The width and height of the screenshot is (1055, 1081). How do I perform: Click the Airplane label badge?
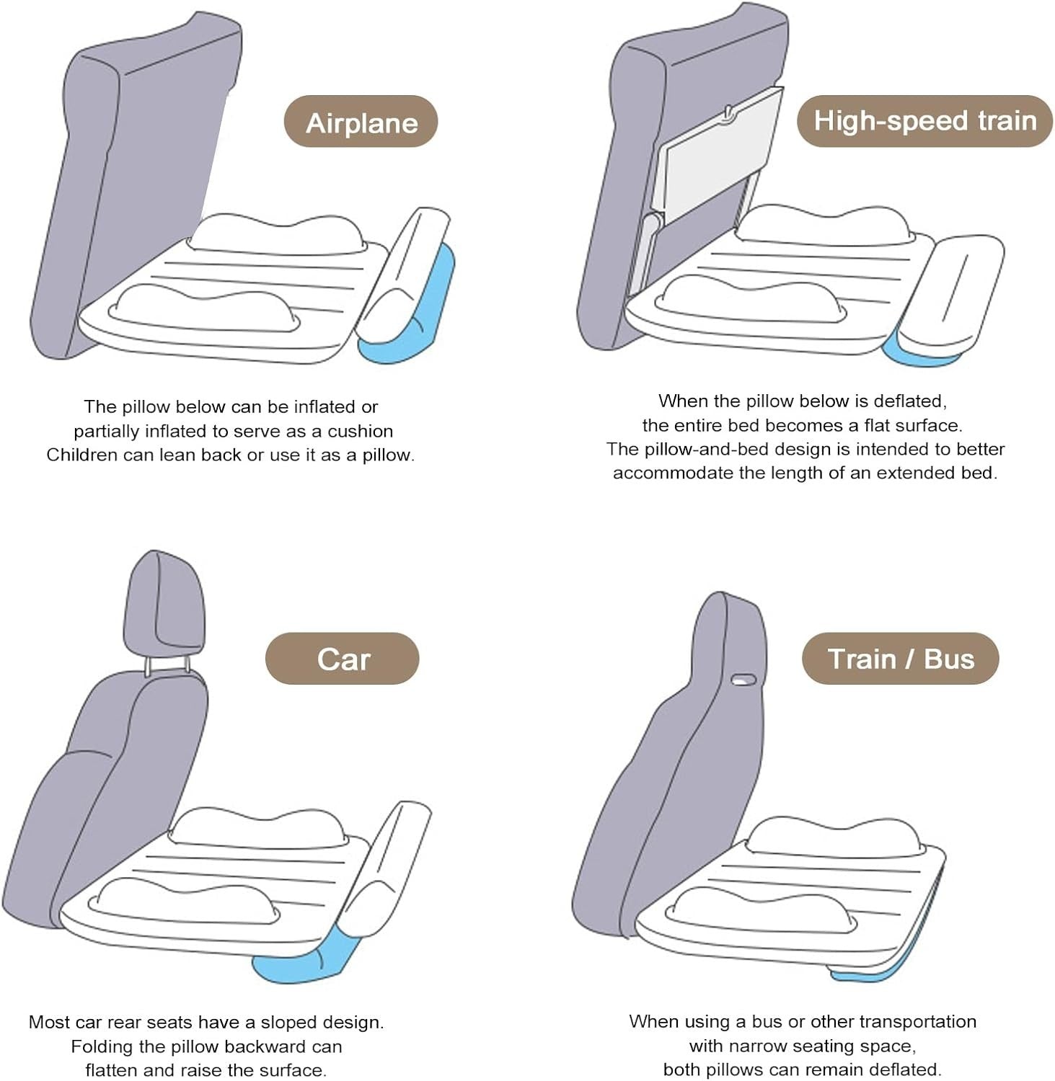tap(361, 121)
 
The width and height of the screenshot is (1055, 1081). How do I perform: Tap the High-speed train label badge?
tap(924, 120)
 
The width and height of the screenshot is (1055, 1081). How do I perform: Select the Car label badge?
tap(343, 659)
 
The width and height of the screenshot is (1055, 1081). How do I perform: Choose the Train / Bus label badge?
tap(900, 659)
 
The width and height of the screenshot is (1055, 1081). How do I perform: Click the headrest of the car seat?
tap(164, 606)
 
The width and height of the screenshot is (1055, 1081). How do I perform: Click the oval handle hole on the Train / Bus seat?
tap(743, 679)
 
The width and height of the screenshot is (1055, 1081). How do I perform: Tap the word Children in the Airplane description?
tap(80, 455)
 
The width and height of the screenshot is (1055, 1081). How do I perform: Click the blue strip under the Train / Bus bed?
tap(887, 966)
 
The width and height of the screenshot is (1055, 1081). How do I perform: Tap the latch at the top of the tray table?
tap(729, 112)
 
